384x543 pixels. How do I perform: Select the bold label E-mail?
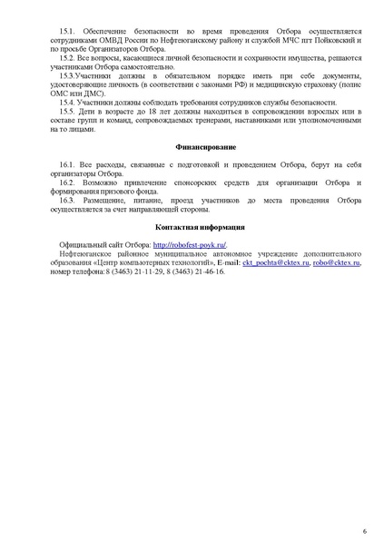click(228, 262)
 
